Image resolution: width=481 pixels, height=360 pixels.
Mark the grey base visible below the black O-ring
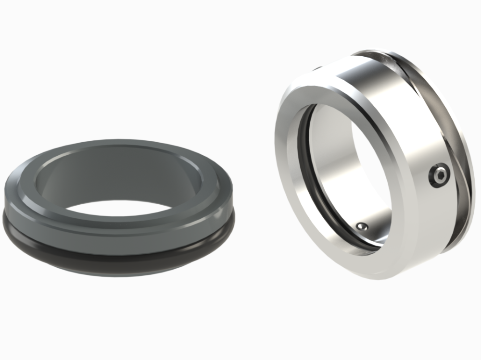click(120, 270)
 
